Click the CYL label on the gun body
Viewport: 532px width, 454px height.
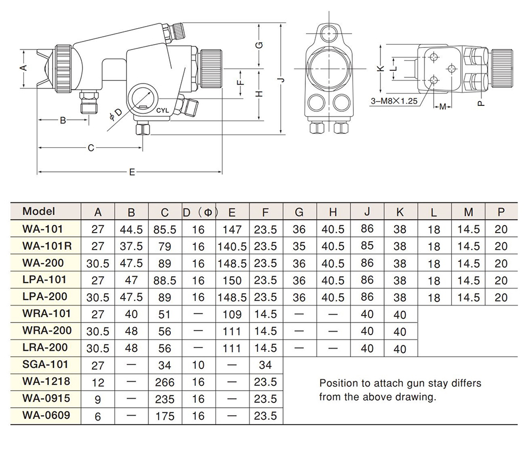pos(162,111)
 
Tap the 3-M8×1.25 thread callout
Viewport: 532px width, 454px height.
pos(394,101)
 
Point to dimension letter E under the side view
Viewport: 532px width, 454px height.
pos(132,172)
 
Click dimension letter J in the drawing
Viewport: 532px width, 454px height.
pos(281,80)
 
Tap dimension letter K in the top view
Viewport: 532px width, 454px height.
pos(381,68)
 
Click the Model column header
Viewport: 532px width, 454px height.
pos(39,211)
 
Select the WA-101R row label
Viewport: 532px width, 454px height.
pos(47,246)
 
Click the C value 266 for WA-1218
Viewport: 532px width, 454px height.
pos(164,382)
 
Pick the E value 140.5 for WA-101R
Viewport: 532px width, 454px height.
pos(232,246)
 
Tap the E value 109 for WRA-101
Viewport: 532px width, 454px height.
pos(232,314)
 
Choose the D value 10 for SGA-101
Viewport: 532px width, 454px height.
pos(198,365)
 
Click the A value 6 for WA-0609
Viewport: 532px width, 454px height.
pos(98,416)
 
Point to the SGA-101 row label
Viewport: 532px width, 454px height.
pos(45,365)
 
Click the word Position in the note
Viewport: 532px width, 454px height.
pos(338,383)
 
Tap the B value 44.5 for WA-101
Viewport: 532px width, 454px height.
pos(131,229)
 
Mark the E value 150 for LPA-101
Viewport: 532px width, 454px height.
pos(232,280)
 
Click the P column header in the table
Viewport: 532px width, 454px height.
pos(501,212)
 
